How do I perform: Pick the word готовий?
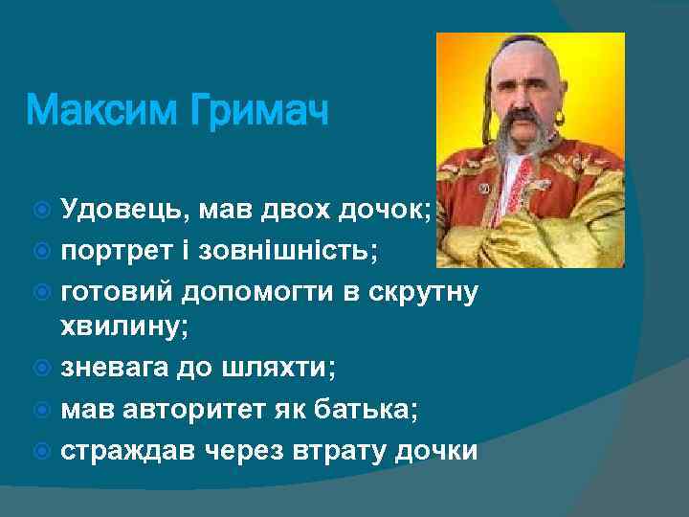tap(121, 290)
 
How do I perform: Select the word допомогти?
tap(276, 290)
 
